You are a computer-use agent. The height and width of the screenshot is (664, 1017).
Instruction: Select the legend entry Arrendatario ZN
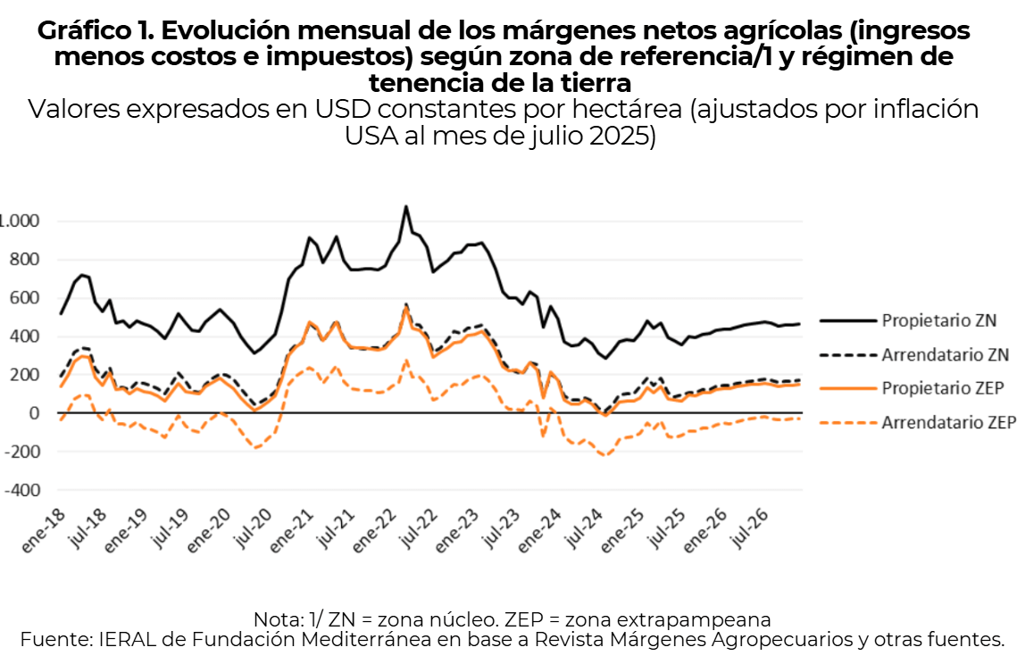pyautogui.click(x=945, y=354)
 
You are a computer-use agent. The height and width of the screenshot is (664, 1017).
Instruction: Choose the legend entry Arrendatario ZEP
pyautogui.click(x=948, y=424)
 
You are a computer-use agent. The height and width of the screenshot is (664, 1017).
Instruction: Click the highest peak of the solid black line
pyautogui.click(x=406, y=206)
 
